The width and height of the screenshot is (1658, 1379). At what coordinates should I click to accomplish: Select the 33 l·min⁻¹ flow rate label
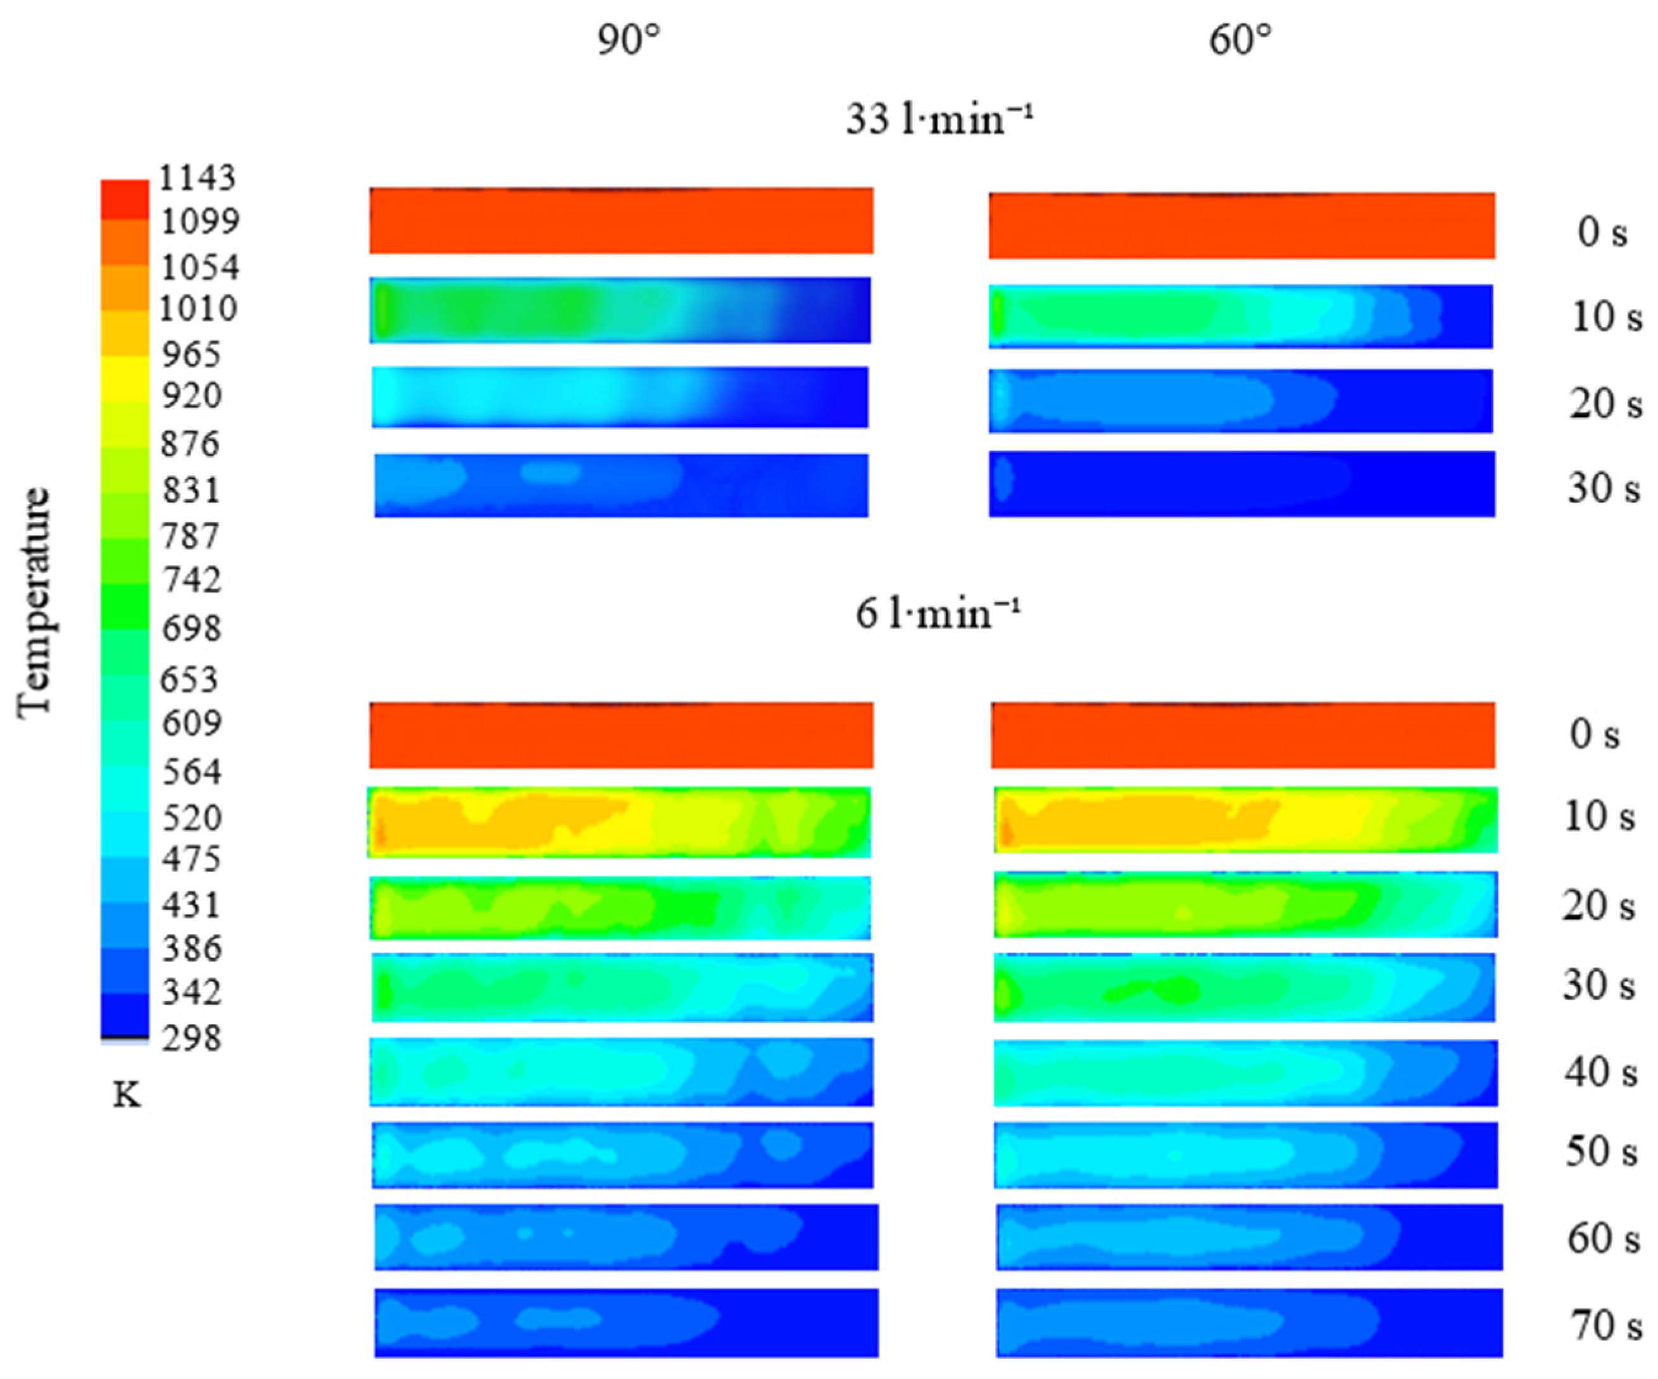point(939,121)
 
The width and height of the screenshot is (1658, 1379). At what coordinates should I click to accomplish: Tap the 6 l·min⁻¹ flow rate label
point(938,613)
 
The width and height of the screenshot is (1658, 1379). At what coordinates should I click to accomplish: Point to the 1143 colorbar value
point(197,178)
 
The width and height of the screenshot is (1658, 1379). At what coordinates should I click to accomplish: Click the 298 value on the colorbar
point(191,1038)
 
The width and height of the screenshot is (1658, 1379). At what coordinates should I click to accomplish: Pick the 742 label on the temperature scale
point(191,580)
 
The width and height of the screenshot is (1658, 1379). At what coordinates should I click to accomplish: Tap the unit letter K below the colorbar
point(127,1095)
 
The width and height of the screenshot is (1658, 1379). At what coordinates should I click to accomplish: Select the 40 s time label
point(1600,1072)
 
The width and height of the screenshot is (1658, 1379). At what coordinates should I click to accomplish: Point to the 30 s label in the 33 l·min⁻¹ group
point(1604,488)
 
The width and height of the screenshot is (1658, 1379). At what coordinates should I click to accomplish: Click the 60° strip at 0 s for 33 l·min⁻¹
point(1241,226)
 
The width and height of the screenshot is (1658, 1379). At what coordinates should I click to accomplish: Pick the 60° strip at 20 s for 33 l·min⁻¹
point(1240,401)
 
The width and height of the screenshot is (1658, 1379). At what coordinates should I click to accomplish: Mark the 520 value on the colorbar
point(191,817)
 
